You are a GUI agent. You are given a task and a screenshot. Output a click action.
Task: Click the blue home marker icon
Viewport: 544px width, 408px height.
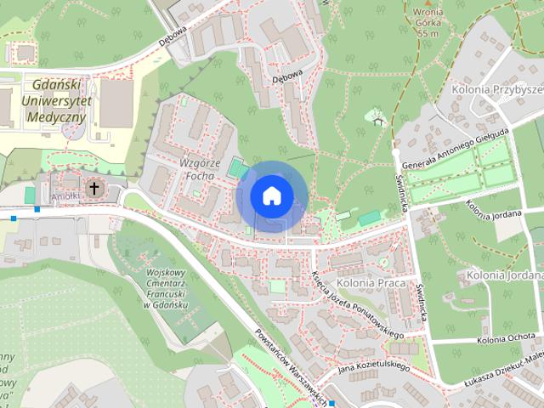tap(270, 195)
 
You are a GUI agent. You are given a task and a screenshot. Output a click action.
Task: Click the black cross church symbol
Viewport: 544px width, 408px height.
tap(93, 187)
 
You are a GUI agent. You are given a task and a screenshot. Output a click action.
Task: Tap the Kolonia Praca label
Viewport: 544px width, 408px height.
tap(367, 281)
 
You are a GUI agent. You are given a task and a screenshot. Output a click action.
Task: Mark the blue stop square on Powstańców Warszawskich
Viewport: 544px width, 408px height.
tap(331, 403)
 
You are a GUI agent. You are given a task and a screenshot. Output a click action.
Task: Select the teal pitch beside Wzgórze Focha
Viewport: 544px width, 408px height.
tap(235, 171)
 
